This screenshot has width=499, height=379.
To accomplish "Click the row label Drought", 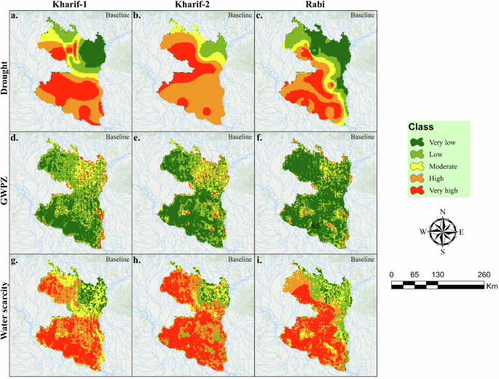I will [x=6, y=71].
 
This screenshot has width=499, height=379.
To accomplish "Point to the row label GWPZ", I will [x=6, y=193].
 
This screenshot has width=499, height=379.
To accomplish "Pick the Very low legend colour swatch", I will [x=416, y=143].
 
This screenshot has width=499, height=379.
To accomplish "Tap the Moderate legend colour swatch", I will [x=416, y=167].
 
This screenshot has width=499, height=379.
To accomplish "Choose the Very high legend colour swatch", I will [x=416, y=191].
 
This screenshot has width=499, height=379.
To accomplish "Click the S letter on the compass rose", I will [x=441, y=252].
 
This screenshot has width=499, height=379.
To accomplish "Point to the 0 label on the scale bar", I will [x=393, y=275].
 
